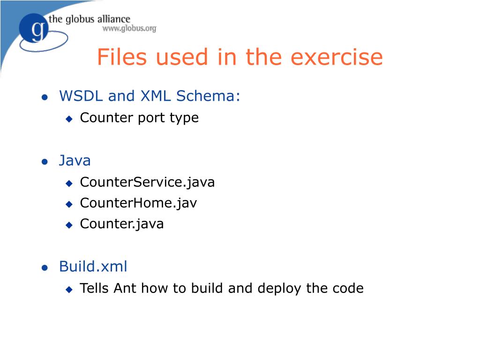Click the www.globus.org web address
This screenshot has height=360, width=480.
(x=129, y=29)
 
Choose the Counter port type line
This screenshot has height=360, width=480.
(x=139, y=118)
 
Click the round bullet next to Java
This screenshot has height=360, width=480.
(x=45, y=162)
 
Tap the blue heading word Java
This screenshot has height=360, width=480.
(x=75, y=161)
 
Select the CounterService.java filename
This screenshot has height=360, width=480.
(x=147, y=182)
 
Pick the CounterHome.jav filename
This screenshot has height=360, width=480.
(x=138, y=203)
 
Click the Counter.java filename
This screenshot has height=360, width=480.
(x=122, y=224)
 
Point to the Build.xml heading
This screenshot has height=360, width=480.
(x=93, y=267)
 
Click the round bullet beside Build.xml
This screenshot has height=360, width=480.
(x=45, y=268)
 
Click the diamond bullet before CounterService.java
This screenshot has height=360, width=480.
(x=69, y=183)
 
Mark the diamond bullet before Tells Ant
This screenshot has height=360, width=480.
(x=69, y=289)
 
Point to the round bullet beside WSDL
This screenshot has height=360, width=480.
(x=45, y=97)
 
